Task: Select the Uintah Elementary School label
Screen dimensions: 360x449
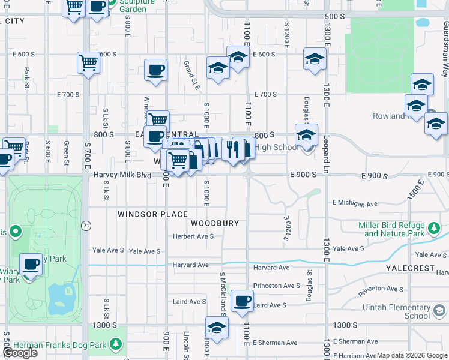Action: pos(396,311)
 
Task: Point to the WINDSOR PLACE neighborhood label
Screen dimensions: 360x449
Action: pos(152,214)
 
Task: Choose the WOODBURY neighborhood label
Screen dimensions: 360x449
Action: pos(215,223)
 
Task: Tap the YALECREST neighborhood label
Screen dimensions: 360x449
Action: pos(410,268)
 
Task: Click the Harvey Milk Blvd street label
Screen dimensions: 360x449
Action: pos(122,175)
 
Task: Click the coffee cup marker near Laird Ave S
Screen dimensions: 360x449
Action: pos(242,301)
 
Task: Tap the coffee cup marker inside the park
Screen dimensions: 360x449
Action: pos(31,263)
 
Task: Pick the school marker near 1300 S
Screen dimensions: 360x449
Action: pos(217,327)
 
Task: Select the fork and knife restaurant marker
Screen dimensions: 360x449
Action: pos(232,149)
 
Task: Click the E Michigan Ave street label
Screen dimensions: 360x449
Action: pos(355,203)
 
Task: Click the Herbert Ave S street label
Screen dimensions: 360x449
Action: pos(193,236)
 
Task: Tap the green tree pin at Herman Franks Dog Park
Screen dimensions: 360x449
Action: pos(116,345)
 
